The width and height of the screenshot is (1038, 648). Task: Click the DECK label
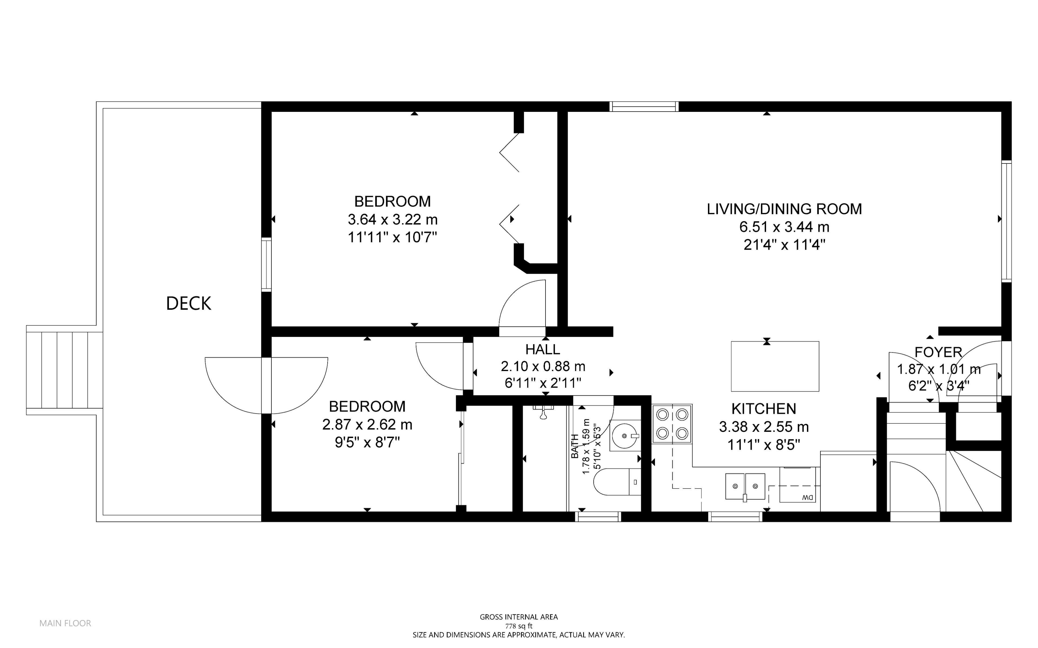189,303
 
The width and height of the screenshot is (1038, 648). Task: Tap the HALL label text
543,350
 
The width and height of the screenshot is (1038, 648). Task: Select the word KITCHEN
764,409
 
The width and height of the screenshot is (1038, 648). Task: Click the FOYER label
939,352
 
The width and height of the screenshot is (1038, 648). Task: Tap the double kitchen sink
745,486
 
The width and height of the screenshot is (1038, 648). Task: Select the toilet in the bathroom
617,482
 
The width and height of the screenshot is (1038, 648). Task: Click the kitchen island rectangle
775,366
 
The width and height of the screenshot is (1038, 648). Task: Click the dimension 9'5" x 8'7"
367,443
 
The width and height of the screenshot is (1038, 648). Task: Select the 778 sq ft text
518,626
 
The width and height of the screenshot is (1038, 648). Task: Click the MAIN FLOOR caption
65,623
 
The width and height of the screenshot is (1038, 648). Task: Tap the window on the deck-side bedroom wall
267,265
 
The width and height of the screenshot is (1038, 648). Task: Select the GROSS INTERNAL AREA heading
518,617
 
